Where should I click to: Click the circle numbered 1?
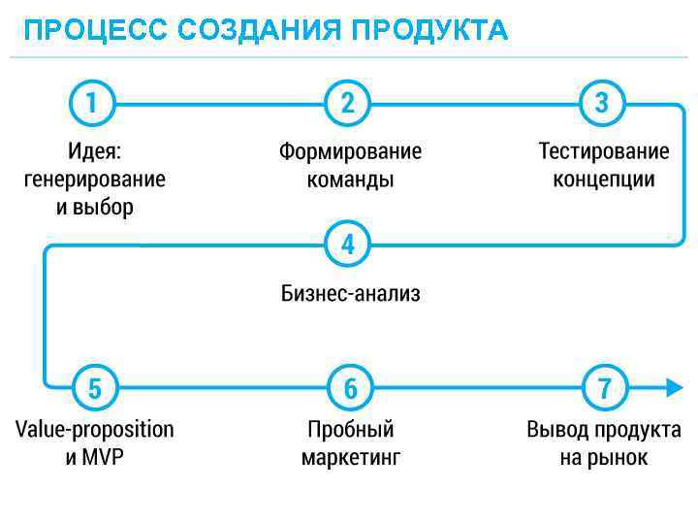(92, 103)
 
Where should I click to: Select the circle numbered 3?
(603, 103)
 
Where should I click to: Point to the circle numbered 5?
(94, 388)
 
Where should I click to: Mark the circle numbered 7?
(605, 388)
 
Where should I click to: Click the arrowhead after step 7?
(674, 388)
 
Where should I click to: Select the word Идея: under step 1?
(95, 152)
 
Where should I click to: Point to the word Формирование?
(351, 152)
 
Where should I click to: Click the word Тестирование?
(604, 152)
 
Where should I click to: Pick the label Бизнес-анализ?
(351, 294)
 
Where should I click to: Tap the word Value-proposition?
(95, 430)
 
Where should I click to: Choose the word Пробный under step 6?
(351, 430)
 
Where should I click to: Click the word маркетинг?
(351, 457)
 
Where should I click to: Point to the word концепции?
(604, 180)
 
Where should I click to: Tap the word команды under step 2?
(351, 180)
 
